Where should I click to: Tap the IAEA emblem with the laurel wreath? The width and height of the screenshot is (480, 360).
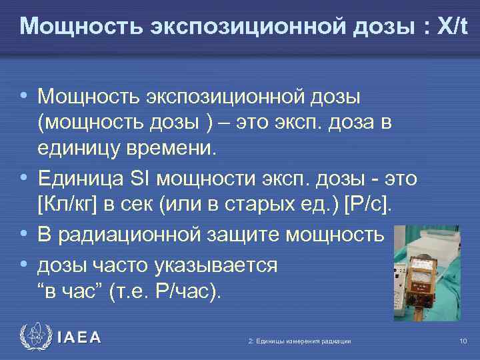(35, 337)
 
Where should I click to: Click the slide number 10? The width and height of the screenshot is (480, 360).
(463, 341)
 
